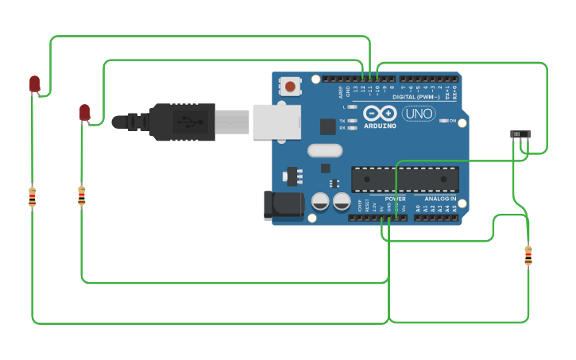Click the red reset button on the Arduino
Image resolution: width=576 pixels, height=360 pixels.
click(x=290, y=86)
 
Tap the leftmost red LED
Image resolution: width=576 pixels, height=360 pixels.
click(x=34, y=83)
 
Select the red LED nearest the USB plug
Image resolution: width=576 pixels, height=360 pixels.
click(x=84, y=113)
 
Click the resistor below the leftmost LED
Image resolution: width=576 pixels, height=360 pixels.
click(x=32, y=196)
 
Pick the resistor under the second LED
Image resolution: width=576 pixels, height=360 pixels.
click(x=81, y=195)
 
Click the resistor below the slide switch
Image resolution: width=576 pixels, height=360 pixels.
click(x=528, y=256)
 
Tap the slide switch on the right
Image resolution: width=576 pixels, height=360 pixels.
click(x=520, y=134)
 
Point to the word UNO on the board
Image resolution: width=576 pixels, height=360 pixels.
click(x=419, y=114)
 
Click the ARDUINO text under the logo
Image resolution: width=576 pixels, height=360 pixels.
click(x=380, y=126)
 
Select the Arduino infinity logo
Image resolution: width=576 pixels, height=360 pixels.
click(x=380, y=113)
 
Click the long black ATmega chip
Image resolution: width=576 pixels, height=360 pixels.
click(x=404, y=179)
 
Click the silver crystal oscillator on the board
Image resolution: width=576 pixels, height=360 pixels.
click(x=324, y=150)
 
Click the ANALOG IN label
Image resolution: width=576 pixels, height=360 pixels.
click(x=439, y=198)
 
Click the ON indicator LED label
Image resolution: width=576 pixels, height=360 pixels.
click(x=453, y=121)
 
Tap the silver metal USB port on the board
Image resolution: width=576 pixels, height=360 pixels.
click(x=276, y=122)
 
